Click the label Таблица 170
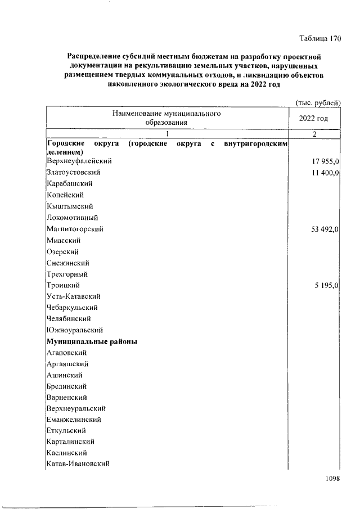coord(320,39)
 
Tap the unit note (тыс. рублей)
coord(318,102)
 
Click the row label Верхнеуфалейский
coord(79,161)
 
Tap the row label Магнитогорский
coord(75,229)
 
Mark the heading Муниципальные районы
coord(93,341)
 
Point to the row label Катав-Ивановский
coord(78,464)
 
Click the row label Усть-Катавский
coord(74,296)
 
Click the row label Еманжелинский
coord(74,420)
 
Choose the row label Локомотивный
coord(73,218)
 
